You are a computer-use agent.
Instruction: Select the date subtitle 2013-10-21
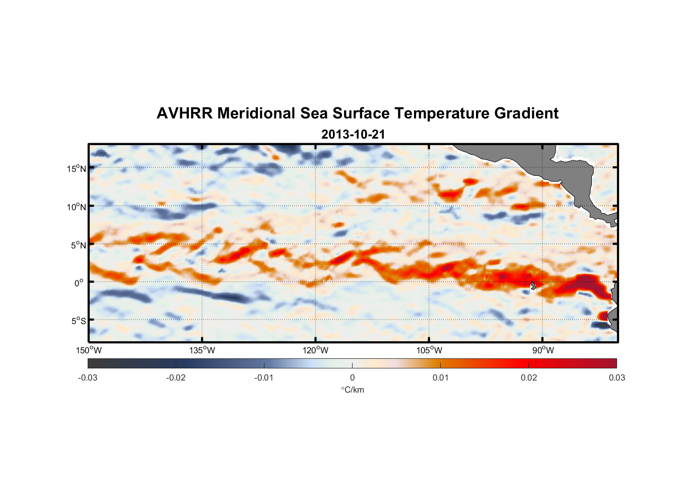pyautogui.click(x=353, y=135)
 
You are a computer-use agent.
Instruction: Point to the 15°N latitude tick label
pyautogui.click(x=77, y=168)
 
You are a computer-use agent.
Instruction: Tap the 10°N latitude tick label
pyautogui.click(x=77, y=207)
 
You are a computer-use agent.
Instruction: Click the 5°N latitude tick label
pyautogui.click(x=79, y=245)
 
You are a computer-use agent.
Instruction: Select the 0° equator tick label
pyautogui.click(x=79, y=283)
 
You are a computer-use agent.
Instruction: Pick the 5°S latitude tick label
pyautogui.click(x=79, y=321)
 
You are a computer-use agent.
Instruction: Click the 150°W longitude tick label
pyautogui.click(x=89, y=350)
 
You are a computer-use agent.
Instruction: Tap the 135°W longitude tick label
pyautogui.click(x=202, y=350)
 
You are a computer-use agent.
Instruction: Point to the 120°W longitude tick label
pyautogui.click(x=316, y=350)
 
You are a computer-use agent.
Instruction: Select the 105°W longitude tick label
pyautogui.click(x=429, y=350)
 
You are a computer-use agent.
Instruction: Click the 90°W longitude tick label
pyautogui.click(x=543, y=350)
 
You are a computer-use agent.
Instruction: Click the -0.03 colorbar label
pyautogui.click(x=88, y=377)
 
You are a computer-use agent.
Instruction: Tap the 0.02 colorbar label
pyautogui.click(x=529, y=377)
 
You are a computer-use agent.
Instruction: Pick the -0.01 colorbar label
pyautogui.click(x=264, y=377)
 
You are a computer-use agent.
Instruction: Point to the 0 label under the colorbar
pyautogui.click(x=352, y=377)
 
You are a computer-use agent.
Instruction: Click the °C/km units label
pyautogui.click(x=352, y=390)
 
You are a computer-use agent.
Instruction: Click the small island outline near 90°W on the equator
pyautogui.click(x=533, y=285)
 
